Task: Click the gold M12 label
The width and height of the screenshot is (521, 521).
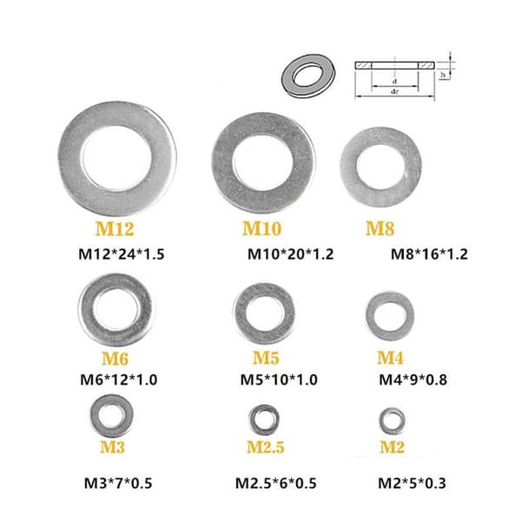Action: coord(115,228)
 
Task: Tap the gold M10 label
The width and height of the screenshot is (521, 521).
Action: coord(262,228)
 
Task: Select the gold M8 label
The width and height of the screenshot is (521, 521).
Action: coord(380,228)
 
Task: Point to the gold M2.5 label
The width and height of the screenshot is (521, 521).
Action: coord(265,447)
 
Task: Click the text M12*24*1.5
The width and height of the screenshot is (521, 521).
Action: coord(122,254)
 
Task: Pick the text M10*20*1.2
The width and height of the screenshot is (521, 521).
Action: coord(290,254)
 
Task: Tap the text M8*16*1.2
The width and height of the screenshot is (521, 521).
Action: coord(429,254)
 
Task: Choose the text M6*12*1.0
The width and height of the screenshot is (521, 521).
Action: coord(119,379)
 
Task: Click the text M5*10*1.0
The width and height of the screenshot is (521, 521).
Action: coord(279,379)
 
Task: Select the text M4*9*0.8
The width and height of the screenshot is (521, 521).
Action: coord(413,379)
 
